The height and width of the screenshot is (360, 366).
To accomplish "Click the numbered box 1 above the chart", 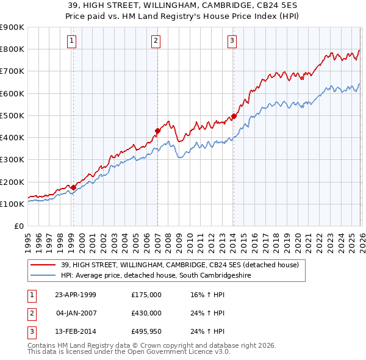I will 72,41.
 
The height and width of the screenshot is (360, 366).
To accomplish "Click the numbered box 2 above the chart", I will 156,41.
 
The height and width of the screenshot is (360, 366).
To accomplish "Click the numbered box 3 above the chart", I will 232,41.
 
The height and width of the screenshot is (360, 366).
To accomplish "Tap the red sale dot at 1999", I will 73,187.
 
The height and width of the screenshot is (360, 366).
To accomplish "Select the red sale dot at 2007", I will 157,131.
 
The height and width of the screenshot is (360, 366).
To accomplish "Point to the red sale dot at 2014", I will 234,116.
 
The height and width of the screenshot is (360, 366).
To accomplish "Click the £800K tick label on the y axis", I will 12,49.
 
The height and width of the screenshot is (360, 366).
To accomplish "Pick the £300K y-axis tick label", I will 12,160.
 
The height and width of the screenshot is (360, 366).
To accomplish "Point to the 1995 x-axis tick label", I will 28,240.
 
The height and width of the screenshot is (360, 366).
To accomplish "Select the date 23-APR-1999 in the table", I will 76,295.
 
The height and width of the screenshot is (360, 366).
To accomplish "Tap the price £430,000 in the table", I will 146,313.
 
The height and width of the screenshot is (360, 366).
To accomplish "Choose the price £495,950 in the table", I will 146,331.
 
